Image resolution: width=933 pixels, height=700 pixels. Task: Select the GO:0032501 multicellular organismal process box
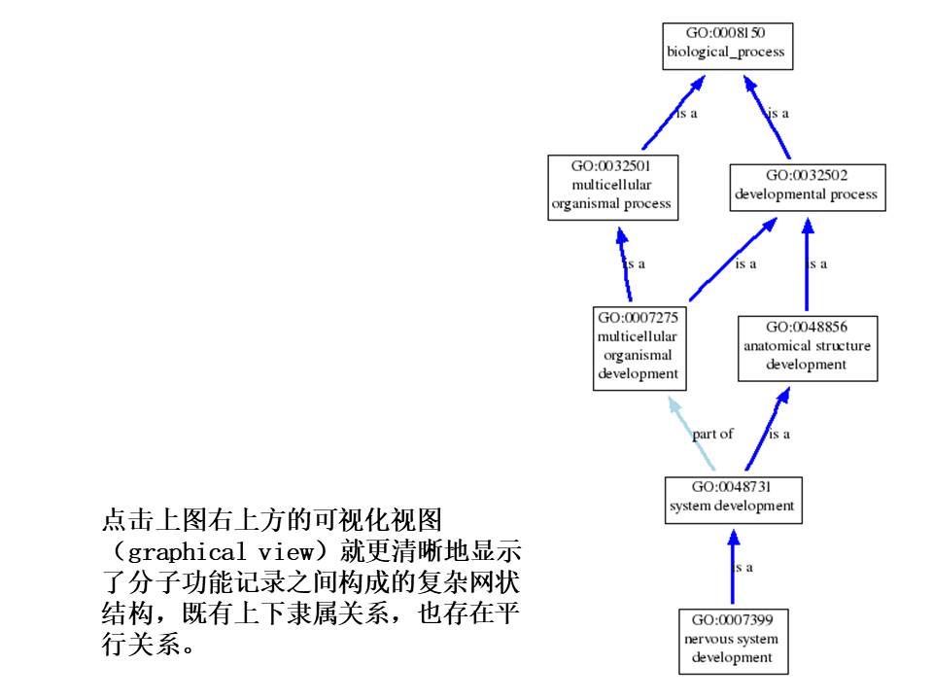click(x=611, y=187)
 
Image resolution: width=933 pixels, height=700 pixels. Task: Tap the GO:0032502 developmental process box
click(x=806, y=187)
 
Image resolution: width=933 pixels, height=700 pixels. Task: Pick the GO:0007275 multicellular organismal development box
click(x=638, y=348)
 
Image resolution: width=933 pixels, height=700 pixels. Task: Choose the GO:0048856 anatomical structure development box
click(x=807, y=348)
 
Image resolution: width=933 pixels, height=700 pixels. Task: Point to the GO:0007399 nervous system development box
click(x=733, y=640)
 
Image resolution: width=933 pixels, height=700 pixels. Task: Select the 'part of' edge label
click(x=712, y=434)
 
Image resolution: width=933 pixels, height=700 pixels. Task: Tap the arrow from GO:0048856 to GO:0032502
click(x=807, y=266)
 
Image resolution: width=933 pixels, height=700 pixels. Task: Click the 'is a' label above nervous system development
click(x=743, y=567)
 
